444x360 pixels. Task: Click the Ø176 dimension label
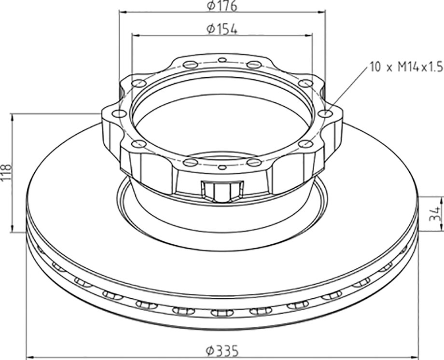pyautogui.click(x=222, y=6)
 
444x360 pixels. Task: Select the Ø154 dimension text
pyautogui.click(x=222, y=29)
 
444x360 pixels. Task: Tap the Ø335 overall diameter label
pyautogui.click(x=222, y=351)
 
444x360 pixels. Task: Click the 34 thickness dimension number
pyautogui.click(x=436, y=214)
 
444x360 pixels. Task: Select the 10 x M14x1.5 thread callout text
pyautogui.click(x=406, y=68)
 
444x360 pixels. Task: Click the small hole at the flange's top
pyautogui.click(x=222, y=60)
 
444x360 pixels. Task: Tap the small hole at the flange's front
pyautogui.click(x=223, y=167)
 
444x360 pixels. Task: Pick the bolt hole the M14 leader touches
pyautogui.click(x=325, y=113)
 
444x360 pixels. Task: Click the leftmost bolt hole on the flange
pyautogui.click(x=119, y=114)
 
